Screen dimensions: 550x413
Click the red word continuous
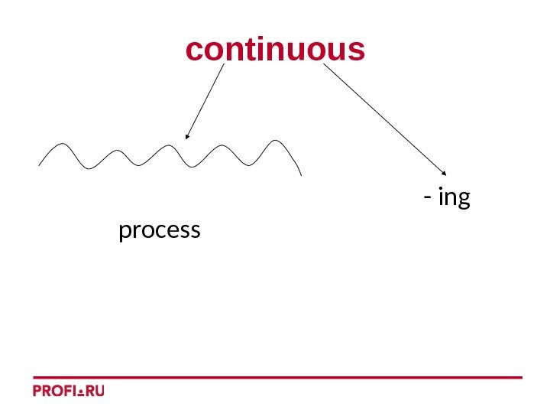(275, 50)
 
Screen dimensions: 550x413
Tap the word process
(160, 229)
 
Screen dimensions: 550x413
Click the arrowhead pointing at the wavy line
(186, 138)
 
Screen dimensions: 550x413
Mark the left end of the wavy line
(39, 164)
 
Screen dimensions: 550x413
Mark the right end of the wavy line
(302, 174)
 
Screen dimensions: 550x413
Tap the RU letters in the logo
(94, 391)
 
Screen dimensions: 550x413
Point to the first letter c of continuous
(194, 51)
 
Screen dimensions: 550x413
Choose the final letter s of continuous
(357, 51)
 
